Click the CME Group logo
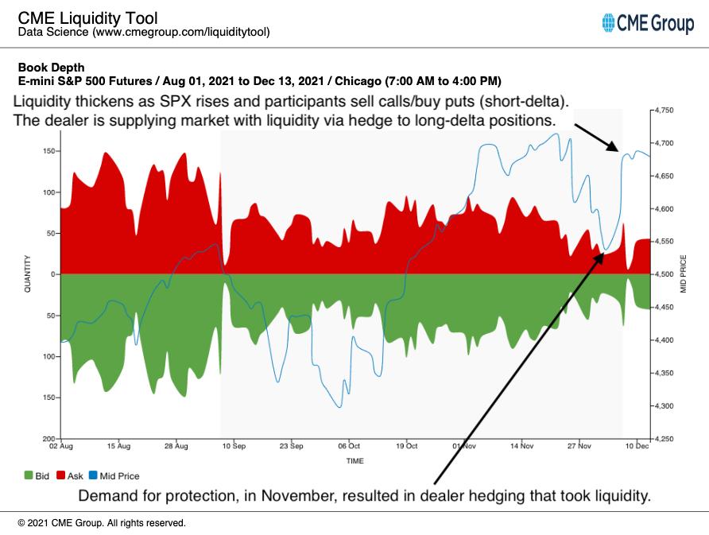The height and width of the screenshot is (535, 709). (x=648, y=24)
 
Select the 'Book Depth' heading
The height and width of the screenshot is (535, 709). (x=51, y=68)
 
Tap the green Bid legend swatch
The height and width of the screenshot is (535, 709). (x=29, y=476)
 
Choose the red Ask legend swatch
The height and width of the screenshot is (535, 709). (x=61, y=476)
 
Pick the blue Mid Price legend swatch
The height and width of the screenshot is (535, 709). (x=93, y=476)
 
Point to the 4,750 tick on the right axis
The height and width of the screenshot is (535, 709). (x=668, y=110)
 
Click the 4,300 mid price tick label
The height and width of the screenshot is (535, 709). (x=668, y=406)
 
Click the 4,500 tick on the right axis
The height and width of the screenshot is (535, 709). (x=668, y=274)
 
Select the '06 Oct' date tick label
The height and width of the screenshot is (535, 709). (x=349, y=447)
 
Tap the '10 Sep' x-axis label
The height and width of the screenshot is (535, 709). (x=234, y=447)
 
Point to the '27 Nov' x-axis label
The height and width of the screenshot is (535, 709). (x=579, y=447)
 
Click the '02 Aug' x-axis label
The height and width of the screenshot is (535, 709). (x=61, y=447)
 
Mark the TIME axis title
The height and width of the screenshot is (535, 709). (x=355, y=461)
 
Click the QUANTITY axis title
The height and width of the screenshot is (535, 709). (x=28, y=273)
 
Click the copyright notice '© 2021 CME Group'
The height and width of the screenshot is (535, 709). (x=101, y=523)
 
